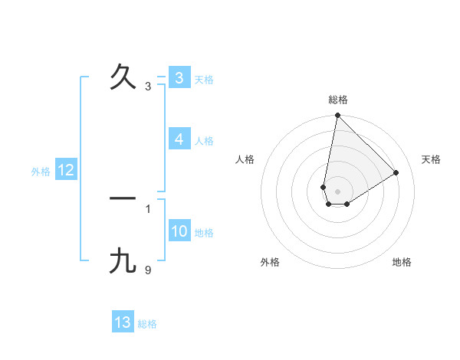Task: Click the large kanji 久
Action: click(x=123, y=77)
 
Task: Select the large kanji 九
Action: click(x=123, y=262)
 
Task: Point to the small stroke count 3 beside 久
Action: click(x=148, y=87)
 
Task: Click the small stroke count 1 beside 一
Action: click(x=148, y=208)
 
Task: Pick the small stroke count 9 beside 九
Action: click(x=148, y=270)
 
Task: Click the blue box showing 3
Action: click(x=179, y=78)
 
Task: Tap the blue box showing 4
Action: click(x=179, y=139)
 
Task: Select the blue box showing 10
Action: click(x=179, y=231)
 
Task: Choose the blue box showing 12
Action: click(x=65, y=170)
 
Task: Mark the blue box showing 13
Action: click(x=123, y=322)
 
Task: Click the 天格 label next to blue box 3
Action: click(x=204, y=79)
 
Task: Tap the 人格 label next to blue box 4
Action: click(x=204, y=140)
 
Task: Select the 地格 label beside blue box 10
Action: click(x=204, y=232)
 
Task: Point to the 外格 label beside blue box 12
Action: click(x=41, y=172)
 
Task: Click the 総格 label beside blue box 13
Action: click(x=147, y=324)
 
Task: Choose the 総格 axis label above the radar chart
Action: click(x=337, y=100)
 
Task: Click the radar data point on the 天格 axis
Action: click(x=396, y=172)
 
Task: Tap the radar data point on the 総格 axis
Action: click(x=337, y=116)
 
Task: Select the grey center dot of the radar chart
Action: click(x=337, y=191)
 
